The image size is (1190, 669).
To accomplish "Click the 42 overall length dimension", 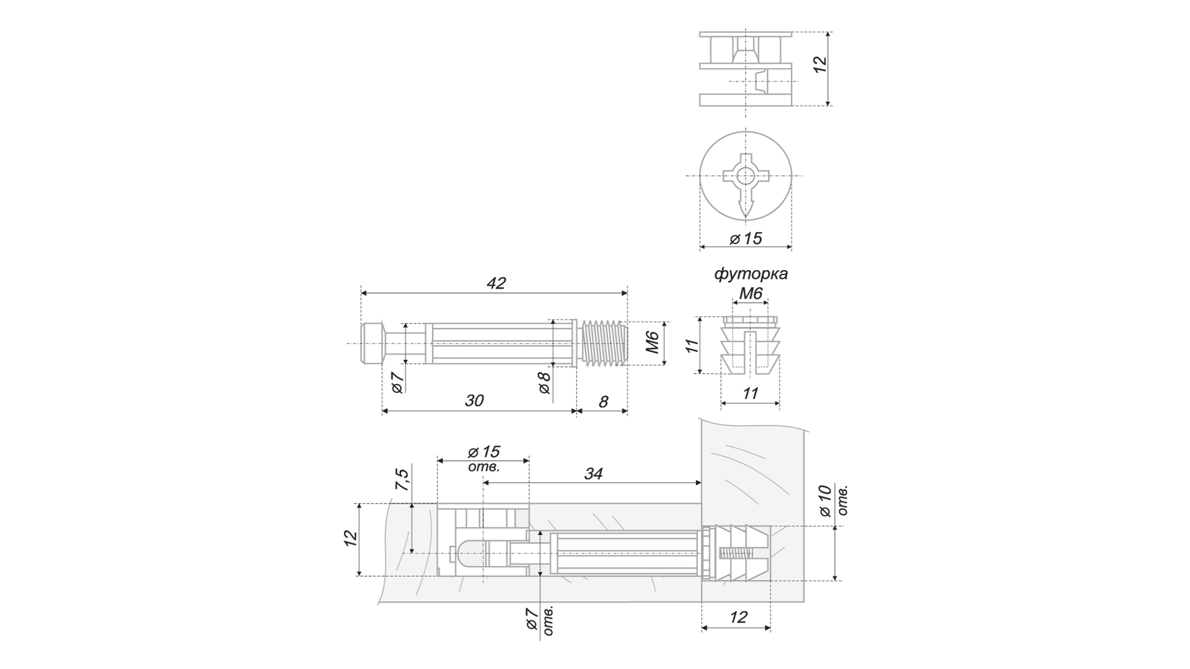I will pyautogui.click(x=496, y=283).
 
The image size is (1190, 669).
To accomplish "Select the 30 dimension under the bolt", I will pyautogui.click(x=474, y=401).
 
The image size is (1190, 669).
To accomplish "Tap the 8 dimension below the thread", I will pyautogui.click(x=603, y=402).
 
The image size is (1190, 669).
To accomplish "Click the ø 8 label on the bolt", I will pyautogui.click(x=544, y=383).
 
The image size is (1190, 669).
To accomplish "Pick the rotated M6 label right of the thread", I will pyautogui.click(x=651, y=343).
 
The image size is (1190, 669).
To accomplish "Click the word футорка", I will pyautogui.click(x=751, y=273).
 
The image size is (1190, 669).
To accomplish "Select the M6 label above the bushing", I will pyautogui.click(x=751, y=293).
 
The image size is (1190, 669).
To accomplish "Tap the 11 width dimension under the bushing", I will pyautogui.click(x=750, y=393).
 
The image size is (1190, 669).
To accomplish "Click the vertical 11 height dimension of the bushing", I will pyautogui.click(x=692, y=346).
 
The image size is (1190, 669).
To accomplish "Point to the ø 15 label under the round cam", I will pyautogui.click(x=746, y=238).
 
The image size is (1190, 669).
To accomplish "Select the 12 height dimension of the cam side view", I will pyautogui.click(x=819, y=65).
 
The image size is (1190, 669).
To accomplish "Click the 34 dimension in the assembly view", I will pyautogui.click(x=593, y=474).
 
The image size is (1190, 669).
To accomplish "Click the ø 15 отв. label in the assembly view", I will pyautogui.click(x=484, y=458).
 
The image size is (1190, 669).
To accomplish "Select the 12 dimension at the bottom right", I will pyautogui.click(x=738, y=618).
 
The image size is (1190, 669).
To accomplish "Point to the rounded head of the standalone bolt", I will pyautogui.click(x=371, y=343).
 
